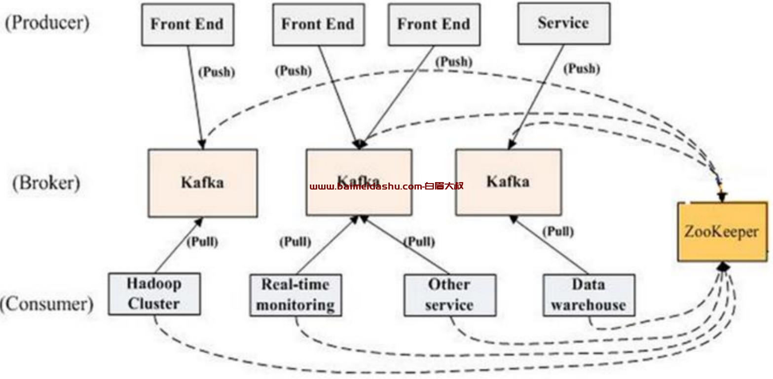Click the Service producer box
pyautogui.click(x=564, y=24)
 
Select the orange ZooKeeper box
pyautogui.click(x=723, y=231)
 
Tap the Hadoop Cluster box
pyautogui.click(x=154, y=294)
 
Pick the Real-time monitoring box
pyautogui.click(x=296, y=295)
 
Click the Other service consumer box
pyautogui.click(x=450, y=295)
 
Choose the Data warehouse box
pyautogui.click(x=589, y=295)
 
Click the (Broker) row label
pyautogui.click(x=46, y=183)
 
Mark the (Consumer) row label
pyautogui.click(x=46, y=304)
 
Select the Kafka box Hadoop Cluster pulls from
pyautogui.click(x=203, y=183)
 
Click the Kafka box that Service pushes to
pyautogui.click(x=508, y=182)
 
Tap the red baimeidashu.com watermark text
pyautogui.click(x=387, y=187)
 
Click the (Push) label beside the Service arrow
pyautogui.click(x=582, y=69)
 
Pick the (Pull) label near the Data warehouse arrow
pyautogui.click(x=558, y=231)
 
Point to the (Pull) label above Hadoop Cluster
pyautogui.click(x=202, y=242)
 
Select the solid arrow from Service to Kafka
pyautogui.click(x=536, y=97)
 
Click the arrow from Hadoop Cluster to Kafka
pyautogui.click(x=179, y=245)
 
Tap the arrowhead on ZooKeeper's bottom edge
pyautogui.click(x=723, y=267)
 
